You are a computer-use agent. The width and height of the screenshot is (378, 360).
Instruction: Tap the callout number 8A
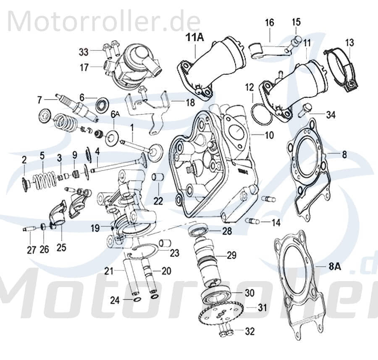pyautogui.click(x=335, y=265)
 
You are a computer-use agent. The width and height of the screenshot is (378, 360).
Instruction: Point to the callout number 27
pyautogui.click(x=31, y=250)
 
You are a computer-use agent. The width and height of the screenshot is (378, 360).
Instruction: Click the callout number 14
pyautogui.click(x=276, y=223)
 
